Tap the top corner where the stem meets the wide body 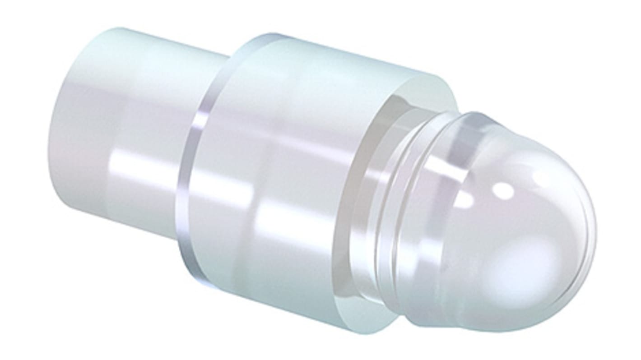pos(228,56)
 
